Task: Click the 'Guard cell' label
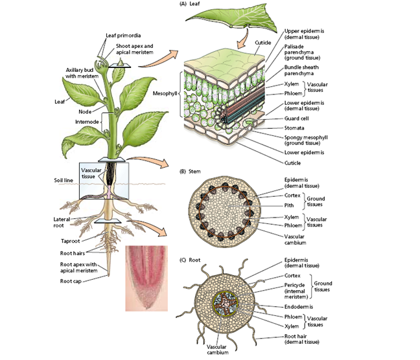[x=298, y=118]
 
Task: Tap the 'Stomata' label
[x=296, y=128]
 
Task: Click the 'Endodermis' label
[x=299, y=306]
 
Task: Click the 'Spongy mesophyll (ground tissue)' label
[x=307, y=141]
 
